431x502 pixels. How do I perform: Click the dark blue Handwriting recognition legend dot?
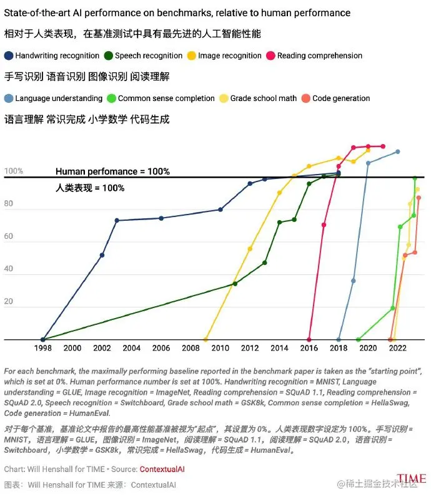pos(9,56)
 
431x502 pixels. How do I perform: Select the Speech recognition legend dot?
pos(109,56)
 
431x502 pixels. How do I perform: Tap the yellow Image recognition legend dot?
pos(192,56)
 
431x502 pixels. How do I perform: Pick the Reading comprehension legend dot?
pos(271,56)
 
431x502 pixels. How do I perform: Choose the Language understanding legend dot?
pos(9,98)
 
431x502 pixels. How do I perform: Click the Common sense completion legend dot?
pos(112,98)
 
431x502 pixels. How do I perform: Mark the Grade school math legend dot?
pos(224,98)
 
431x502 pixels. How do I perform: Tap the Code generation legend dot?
pos(306,98)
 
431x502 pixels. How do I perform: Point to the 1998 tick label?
pos(42,348)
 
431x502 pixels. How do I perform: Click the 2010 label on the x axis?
pos(220,348)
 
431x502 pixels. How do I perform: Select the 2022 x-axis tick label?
pos(398,348)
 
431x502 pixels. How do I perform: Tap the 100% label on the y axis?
pos(13,171)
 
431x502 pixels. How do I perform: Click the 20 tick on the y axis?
pos(9,302)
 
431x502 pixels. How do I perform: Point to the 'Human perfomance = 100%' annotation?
pos(112,171)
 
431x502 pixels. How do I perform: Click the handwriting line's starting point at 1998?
pos(42,339)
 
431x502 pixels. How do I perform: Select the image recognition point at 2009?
pos(206,339)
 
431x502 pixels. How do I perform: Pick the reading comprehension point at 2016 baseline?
pos(309,339)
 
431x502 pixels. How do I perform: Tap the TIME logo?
pos(412,480)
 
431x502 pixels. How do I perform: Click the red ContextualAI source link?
pos(162,468)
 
